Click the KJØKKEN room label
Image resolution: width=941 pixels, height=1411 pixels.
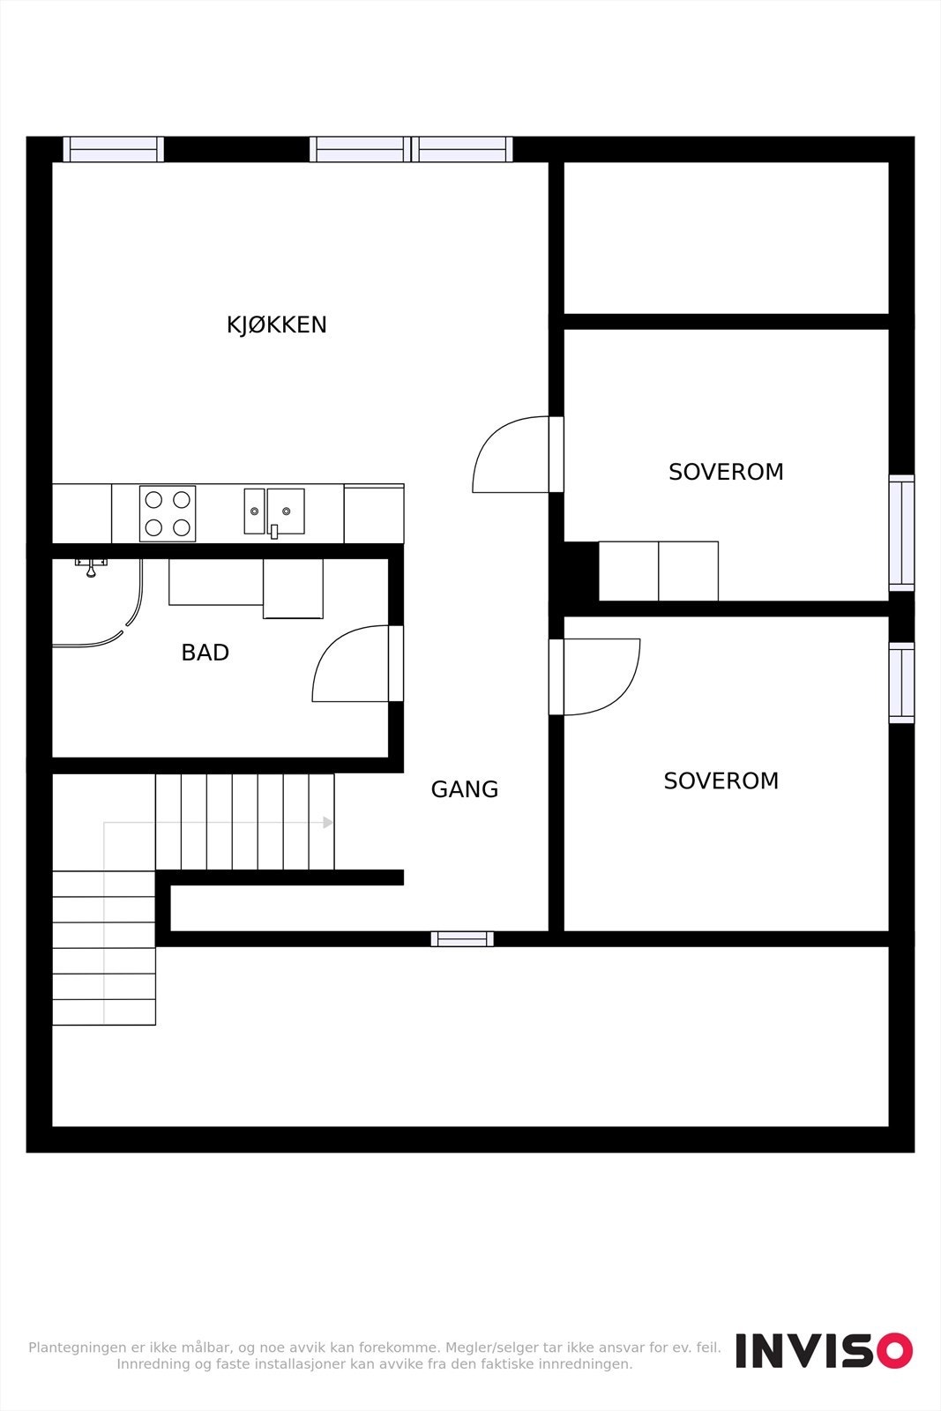point(276,325)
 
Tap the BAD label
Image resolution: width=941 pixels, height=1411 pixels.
point(205,653)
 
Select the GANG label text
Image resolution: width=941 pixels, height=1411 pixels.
point(464,789)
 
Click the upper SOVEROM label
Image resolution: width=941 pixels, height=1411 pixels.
point(726,472)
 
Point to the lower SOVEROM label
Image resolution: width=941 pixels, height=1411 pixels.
point(721,780)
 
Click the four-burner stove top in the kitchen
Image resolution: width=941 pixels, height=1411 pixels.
point(168,513)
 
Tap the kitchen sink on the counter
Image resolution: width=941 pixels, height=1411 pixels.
point(274,511)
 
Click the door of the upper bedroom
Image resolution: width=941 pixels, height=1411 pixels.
point(512,454)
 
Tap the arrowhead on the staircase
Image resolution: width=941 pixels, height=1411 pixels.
point(328,823)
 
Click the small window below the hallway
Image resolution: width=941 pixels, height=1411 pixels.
point(462,938)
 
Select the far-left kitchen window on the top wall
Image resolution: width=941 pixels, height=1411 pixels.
point(113,149)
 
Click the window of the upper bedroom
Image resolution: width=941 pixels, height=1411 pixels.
point(901,532)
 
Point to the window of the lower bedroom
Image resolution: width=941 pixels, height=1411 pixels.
point(901,683)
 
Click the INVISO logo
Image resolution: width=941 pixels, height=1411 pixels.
point(824,1351)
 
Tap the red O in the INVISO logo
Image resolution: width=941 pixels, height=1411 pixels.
point(894,1351)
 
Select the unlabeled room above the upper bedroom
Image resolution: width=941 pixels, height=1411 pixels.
point(726,237)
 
